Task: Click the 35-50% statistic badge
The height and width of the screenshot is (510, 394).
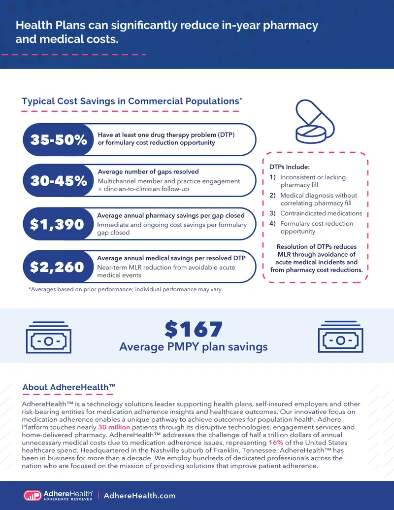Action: (59, 140)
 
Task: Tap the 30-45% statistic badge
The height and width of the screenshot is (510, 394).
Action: (59, 180)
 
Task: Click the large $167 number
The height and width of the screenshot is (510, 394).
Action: (194, 329)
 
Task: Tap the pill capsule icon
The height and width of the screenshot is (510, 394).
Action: (315, 121)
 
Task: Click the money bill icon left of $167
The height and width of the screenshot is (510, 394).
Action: (49, 337)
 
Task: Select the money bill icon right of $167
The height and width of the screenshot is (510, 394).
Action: (340, 337)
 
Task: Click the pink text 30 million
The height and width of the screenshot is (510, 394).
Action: (114, 427)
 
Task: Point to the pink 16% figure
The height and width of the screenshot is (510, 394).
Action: (276, 442)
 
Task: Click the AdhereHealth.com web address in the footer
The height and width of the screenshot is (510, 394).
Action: (139, 496)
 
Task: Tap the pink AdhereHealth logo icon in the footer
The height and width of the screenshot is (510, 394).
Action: (33, 495)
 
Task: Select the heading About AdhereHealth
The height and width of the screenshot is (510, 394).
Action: (69, 387)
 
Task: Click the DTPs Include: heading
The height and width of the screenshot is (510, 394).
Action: (290, 167)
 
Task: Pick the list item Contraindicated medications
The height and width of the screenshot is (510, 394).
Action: (321, 213)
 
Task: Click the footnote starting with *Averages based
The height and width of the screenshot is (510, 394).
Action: (126, 289)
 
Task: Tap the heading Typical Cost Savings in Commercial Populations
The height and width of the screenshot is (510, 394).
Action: (131, 101)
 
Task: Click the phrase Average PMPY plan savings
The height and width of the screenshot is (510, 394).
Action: (194, 347)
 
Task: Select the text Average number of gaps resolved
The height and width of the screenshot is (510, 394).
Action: (148, 171)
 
